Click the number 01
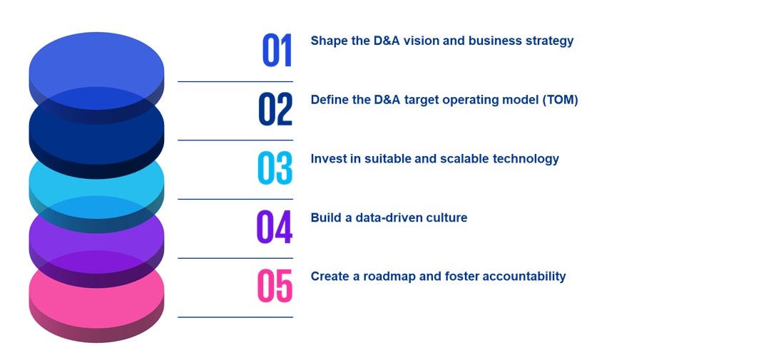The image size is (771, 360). tap(277, 51)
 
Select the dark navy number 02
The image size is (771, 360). tap(275, 110)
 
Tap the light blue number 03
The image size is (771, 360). tap(275, 168)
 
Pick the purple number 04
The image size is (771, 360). tap(275, 227)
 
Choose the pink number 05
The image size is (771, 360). tap(275, 286)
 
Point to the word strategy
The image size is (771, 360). tap(548, 41)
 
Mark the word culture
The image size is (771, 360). tap(446, 217)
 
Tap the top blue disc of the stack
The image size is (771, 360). tap(96, 61)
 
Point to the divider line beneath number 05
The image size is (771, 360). tap(235, 317)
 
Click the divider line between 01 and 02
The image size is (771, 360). tap(235, 81)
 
